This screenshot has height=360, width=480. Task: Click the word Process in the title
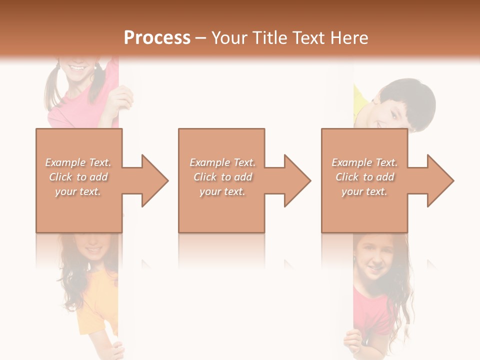tap(157, 37)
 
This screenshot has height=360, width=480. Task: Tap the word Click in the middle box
tap(204, 177)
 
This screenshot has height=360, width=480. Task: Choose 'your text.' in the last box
tap(364, 191)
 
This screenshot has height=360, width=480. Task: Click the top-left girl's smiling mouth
tap(78, 66)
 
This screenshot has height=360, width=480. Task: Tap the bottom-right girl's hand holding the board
tap(352, 342)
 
